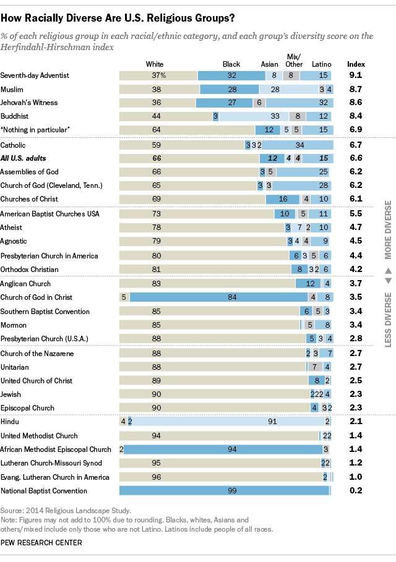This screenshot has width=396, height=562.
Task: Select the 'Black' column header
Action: pyautogui.click(x=231, y=64)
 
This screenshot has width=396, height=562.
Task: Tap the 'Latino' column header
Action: pyautogui.click(x=321, y=64)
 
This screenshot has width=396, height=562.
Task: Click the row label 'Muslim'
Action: pyautogui.click(x=12, y=89)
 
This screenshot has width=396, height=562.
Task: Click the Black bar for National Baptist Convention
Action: pyautogui.click(x=224, y=491)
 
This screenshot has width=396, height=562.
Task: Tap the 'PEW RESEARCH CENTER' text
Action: pyautogui.click(x=41, y=542)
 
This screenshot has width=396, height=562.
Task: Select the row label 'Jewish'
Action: pyautogui.click(x=11, y=394)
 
